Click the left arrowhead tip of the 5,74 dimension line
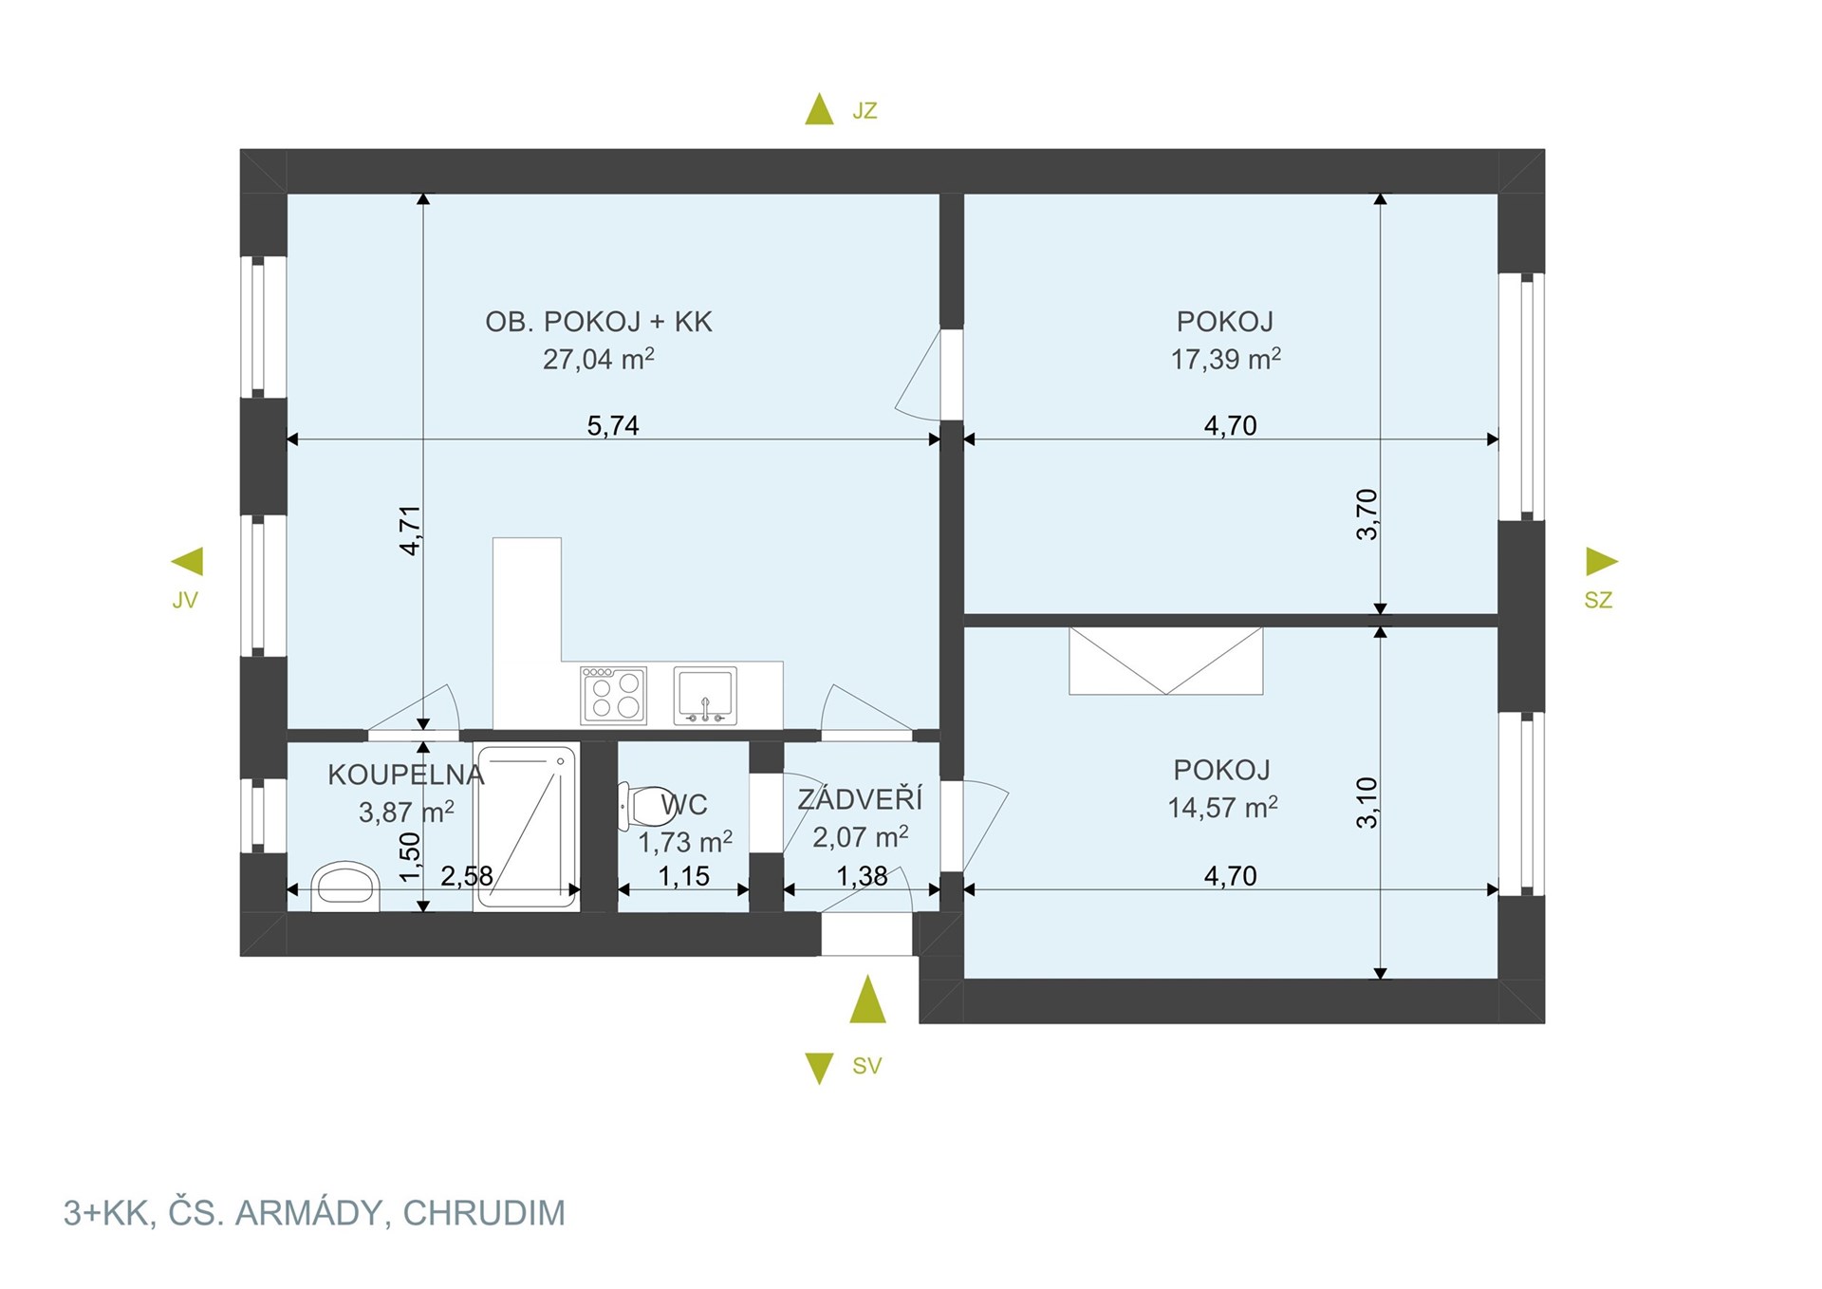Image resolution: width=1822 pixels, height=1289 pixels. tap(288, 439)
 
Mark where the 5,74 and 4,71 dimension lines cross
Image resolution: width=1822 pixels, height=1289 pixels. tap(423, 439)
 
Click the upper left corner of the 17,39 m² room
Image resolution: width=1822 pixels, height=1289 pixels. tap(965, 195)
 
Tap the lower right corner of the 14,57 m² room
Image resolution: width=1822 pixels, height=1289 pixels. tap(1497, 978)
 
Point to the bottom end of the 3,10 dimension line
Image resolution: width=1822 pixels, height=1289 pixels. tap(1381, 978)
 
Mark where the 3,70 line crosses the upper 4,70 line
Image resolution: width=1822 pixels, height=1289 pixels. tap(1381, 439)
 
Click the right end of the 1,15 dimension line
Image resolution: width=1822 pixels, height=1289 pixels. tap(749, 889)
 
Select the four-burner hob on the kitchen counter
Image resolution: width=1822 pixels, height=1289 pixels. tap(614, 695)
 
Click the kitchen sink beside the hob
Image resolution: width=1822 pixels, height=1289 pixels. tap(705, 695)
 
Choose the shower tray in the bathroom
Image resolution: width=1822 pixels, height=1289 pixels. tap(527, 827)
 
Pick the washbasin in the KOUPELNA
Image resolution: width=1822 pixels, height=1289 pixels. tap(345, 887)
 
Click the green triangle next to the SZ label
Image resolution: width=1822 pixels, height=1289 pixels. tap(1601, 561)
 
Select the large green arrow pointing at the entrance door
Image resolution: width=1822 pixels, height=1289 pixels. tap(867, 999)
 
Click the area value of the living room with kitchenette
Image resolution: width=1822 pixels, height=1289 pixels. tap(598, 359)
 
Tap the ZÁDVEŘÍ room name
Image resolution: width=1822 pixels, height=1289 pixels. tap(860, 798)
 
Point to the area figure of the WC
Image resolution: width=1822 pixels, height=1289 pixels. tap(684, 842)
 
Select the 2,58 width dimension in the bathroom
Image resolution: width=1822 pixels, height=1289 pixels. tap(467, 875)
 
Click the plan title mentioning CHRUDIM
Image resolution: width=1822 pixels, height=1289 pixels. tap(314, 1213)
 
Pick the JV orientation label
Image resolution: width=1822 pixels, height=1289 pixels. tap(185, 600)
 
